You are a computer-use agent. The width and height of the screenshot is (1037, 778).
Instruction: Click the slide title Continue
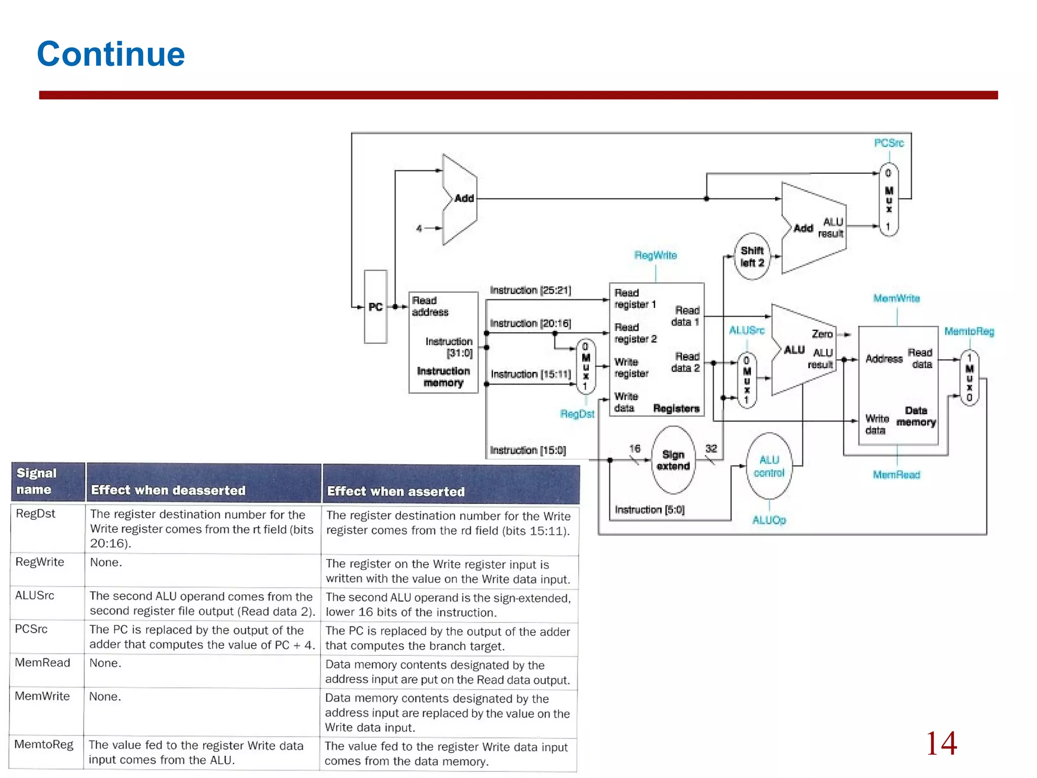[x=111, y=54]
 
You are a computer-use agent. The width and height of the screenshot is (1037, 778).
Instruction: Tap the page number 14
[x=941, y=743]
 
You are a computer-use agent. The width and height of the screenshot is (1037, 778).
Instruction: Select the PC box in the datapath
[x=375, y=306]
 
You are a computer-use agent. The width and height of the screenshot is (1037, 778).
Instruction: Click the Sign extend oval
[x=673, y=460]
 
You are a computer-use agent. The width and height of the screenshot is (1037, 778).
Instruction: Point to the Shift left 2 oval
[x=752, y=256]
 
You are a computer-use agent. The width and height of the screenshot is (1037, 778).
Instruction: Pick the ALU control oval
[x=769, y=466]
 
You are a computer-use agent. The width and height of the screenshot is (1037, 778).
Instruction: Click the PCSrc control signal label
[x=889, y=143]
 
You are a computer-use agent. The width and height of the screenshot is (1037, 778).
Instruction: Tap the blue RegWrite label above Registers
[x=655, y=255]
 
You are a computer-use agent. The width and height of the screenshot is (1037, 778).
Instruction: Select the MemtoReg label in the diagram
[x=969, y=331]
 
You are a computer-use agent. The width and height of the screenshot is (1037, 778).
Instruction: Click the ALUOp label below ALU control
[x=769, y=520]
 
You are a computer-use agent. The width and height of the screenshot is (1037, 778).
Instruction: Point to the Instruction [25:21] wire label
[x=530, y=290]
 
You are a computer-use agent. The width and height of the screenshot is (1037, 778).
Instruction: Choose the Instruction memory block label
[x=443, y=377]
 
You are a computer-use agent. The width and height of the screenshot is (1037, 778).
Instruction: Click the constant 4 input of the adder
[x=419, y=228]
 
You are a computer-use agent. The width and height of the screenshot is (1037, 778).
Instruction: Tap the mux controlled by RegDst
[x=586, y=367]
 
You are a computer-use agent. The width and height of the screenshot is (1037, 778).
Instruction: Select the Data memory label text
[x=916, y=416]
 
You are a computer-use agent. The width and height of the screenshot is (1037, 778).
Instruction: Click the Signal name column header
[x=36, y=481]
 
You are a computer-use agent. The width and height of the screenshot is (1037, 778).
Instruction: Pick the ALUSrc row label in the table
[x=34, y=595]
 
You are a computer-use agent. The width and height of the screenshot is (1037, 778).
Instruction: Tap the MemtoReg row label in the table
[x=44, y=744]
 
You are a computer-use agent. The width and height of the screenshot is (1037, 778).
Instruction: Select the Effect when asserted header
[x=395, y=491]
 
